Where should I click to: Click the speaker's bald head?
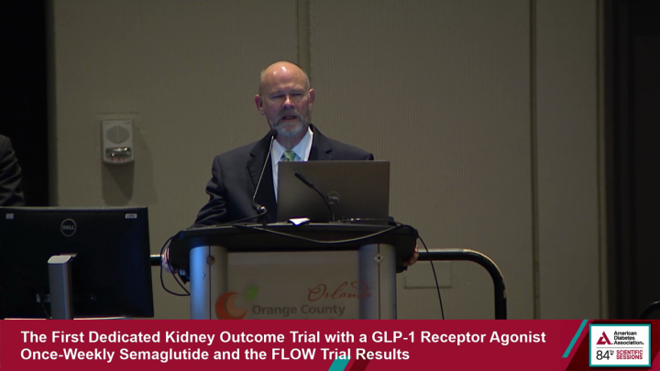click(283, 77)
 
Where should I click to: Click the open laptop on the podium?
click(334, 191)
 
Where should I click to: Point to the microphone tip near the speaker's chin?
click(272, 135)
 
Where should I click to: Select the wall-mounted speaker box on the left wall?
click(117, 141)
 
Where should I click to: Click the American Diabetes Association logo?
click(620, 337)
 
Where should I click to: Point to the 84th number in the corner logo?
click(605, 355)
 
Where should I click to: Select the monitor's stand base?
click(62, 287)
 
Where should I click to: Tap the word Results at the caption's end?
click(382, 354)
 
